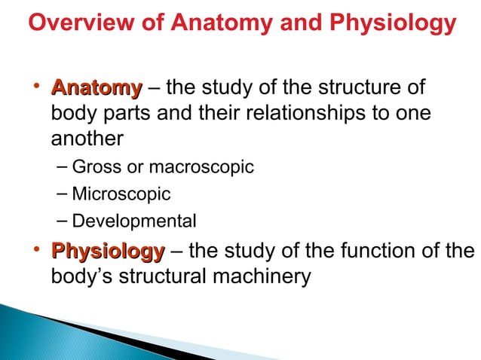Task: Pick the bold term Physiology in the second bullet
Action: point(107,251)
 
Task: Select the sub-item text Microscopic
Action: point(121,194)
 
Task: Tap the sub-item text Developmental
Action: point(134,221)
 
